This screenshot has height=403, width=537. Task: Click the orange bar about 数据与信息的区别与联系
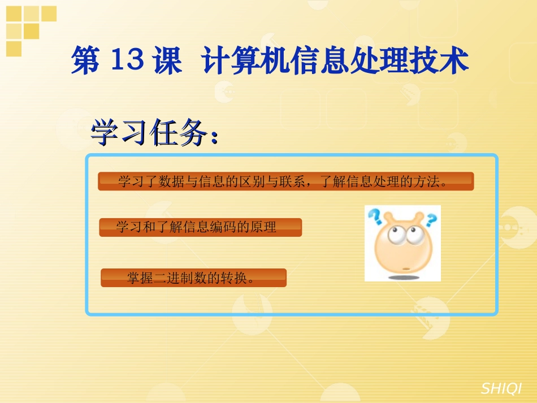[x=285, y=181]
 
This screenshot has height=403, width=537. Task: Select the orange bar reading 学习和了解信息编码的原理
[x=200, y=227]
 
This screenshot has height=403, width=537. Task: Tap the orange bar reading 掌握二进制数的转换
[x=193, y=278]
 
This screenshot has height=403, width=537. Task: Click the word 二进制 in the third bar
[x=172, y=278]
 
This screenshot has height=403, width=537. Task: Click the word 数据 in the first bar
[x=170, y=181]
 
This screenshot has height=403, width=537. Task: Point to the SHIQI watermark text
[x=501, y=388]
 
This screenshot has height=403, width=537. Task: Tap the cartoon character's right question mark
[x=431, y=219]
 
